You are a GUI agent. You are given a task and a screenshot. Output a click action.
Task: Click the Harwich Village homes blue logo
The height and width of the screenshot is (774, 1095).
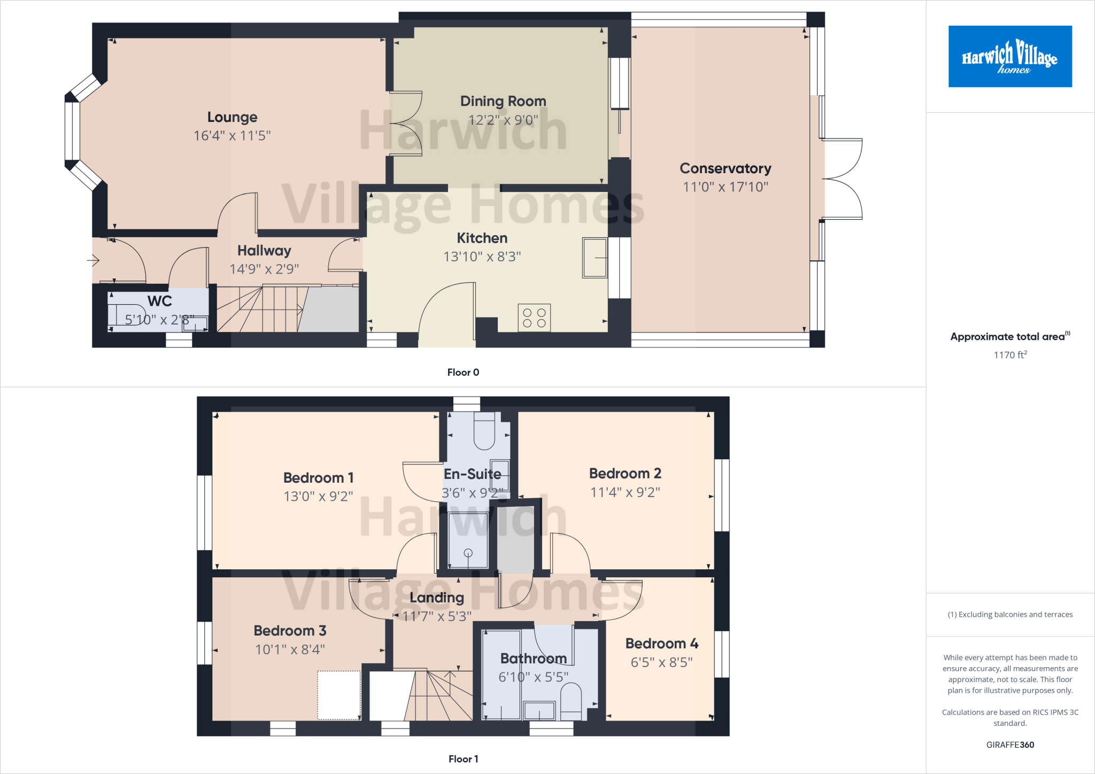coord(1009,56)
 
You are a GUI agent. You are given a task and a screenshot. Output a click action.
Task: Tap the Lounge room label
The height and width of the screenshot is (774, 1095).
coord(232,117)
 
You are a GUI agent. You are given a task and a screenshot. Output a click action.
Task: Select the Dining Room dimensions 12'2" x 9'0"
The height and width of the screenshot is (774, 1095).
coord(503,120)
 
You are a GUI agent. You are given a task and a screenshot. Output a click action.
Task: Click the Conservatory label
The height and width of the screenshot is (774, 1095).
coord(725,168)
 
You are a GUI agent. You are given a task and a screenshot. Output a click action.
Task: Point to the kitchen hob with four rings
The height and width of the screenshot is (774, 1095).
coord(534,318)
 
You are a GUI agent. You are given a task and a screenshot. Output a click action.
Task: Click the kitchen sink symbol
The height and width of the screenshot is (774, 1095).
coord(595,258)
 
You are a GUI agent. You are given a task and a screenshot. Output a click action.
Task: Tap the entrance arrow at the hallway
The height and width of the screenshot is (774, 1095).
coord(94,260)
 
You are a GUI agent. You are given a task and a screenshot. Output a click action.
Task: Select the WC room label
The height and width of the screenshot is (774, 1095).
coord(159,301)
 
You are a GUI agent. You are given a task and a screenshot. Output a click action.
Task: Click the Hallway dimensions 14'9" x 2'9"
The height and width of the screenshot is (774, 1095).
coord(264,269)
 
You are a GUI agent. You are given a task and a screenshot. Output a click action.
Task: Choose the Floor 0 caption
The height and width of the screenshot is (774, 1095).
coord(463,372)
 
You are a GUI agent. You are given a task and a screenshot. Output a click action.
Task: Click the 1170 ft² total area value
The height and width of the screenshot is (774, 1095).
coord(1010,355)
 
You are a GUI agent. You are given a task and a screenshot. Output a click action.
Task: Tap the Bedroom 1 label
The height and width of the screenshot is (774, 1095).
coord(318,477)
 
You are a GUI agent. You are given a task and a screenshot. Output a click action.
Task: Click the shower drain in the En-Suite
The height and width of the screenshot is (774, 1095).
coord(468,553)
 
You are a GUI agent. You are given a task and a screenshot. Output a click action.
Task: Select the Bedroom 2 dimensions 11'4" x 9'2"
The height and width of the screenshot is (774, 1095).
coord(625,492)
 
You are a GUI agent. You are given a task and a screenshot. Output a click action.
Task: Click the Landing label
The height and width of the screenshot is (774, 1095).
coord(437,598)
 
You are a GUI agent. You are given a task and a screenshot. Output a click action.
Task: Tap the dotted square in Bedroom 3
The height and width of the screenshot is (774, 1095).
coord(339,695)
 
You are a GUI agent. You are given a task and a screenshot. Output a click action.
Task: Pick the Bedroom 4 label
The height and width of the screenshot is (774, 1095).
coord(661,643)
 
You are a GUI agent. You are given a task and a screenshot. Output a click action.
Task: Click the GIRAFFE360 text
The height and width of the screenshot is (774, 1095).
coord(1010,745)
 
